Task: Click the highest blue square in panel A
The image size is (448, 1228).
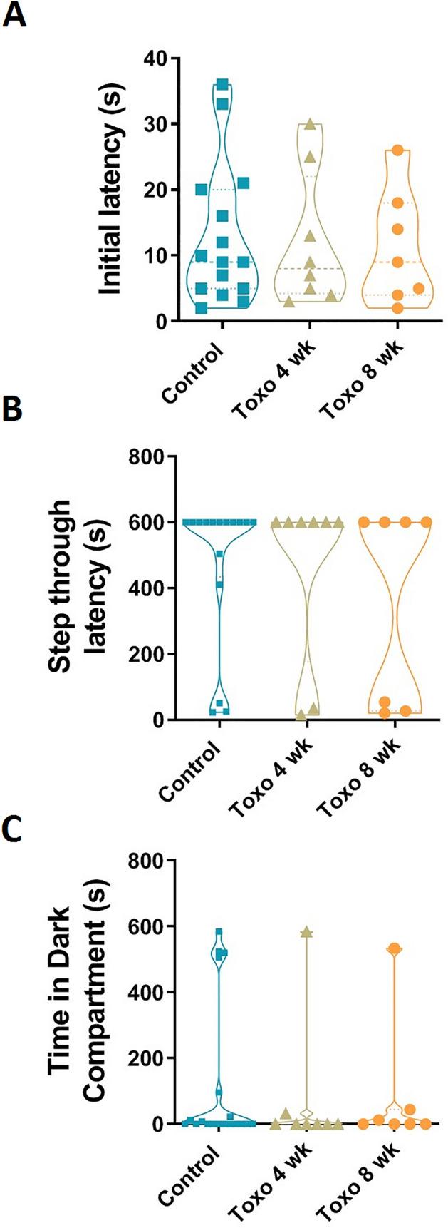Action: [x=222, y=85]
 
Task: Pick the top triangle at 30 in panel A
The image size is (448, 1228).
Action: [x=310, y=125]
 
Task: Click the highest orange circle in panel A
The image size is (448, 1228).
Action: [x=397, y=150]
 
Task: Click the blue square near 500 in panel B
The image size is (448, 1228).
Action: [x=219, y=554]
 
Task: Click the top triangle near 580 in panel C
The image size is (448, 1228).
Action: [x=308, y=932]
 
